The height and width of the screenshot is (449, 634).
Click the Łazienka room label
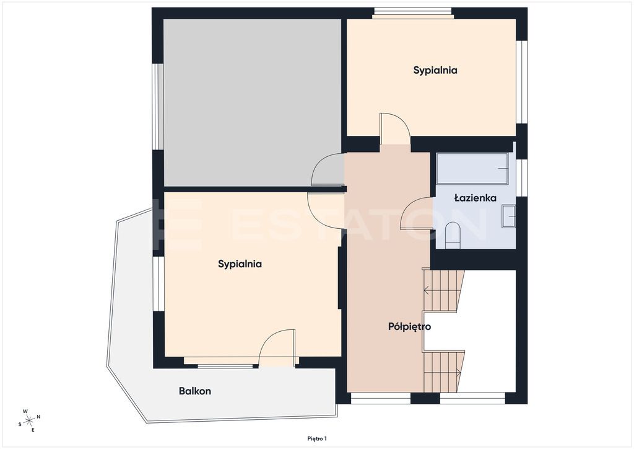coord(475,198)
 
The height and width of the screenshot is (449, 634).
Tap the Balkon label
coord(195,391)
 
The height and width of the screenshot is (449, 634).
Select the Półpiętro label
coord(409,327)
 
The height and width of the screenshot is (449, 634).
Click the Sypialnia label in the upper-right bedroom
coord(435,70)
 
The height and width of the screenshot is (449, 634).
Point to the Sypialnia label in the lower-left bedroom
coord(240,264)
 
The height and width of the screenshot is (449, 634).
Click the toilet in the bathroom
coord(453,235)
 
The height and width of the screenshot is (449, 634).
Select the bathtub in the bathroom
coord(472,169)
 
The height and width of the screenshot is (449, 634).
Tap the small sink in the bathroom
coord(508,216)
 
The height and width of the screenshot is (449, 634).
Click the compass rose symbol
coord(29,420)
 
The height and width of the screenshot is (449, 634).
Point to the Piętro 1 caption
coord(317,438)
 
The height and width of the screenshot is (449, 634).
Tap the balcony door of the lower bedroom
coord(277,347)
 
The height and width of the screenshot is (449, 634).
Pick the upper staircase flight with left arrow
coord(443,290)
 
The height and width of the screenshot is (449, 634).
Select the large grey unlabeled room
coord(253,103)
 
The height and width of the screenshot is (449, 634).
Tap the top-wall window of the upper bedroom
coord(412,14)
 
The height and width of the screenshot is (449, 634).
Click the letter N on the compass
coord(38,417)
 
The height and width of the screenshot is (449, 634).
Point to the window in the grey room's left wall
coord(158,107)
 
